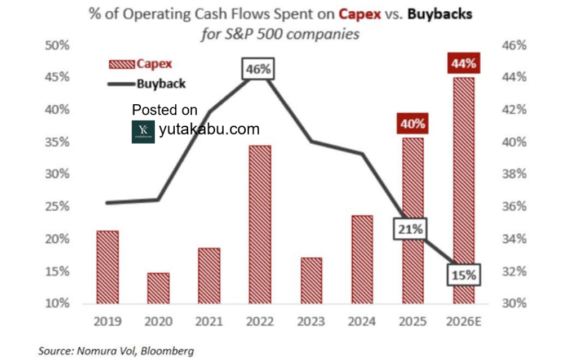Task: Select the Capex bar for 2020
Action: coord(158,288)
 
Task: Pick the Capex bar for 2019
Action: coord(108,266)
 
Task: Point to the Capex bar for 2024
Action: coord(361,259)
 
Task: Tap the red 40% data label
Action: coord(413,123)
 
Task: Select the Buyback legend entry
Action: coord(145,84)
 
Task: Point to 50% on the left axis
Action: coord(56,45)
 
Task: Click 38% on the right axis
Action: coord(513,174)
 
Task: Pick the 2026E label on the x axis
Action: coord(464,321)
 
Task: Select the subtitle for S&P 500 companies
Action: coord(280,34)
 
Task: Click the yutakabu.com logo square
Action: coord(143,131)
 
